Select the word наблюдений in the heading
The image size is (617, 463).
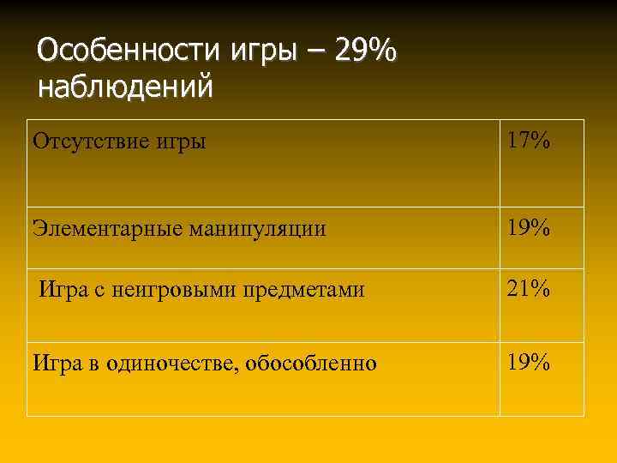coord(125,87)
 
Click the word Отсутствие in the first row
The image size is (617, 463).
coord(86,141)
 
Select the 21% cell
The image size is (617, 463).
coord(528,290)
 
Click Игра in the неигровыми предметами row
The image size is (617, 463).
coord(61,290)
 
